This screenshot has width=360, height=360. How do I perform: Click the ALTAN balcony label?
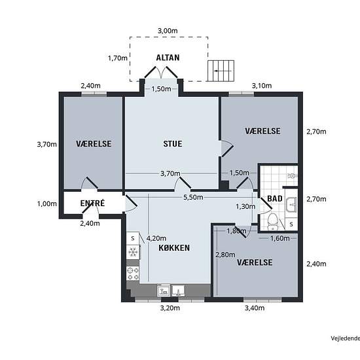coord(168,58)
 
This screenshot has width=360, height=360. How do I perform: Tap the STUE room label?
coord(173,144)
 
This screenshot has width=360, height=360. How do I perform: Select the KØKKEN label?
coord(174,247)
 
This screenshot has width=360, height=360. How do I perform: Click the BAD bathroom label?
coord(275,198)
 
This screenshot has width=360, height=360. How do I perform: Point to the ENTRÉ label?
coord(92,203)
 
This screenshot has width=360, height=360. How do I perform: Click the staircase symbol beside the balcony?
coord(221,71)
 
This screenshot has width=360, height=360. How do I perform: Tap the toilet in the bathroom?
coord(273,222)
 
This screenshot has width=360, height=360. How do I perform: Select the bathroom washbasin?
coord(291,204)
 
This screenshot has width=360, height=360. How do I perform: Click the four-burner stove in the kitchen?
coord(133,273)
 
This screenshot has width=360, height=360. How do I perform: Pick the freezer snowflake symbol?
coord(133,252)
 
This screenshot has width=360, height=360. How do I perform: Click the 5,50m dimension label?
coord(193,197)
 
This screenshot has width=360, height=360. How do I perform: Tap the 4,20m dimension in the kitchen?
coord(156,238)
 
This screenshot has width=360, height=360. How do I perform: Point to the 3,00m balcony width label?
coord(168,31)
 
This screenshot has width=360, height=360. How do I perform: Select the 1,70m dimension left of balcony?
coord(118,58)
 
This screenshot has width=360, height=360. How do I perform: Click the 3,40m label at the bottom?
coord(255,308)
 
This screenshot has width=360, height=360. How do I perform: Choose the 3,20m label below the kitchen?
coord(170,308)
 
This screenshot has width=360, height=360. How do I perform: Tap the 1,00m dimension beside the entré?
coord(47,204)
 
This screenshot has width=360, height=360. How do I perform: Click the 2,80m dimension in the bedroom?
coord(225,255)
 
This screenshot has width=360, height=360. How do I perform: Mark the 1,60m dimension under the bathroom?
coord(280,238)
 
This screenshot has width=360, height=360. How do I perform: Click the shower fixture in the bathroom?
coord(293,176)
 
